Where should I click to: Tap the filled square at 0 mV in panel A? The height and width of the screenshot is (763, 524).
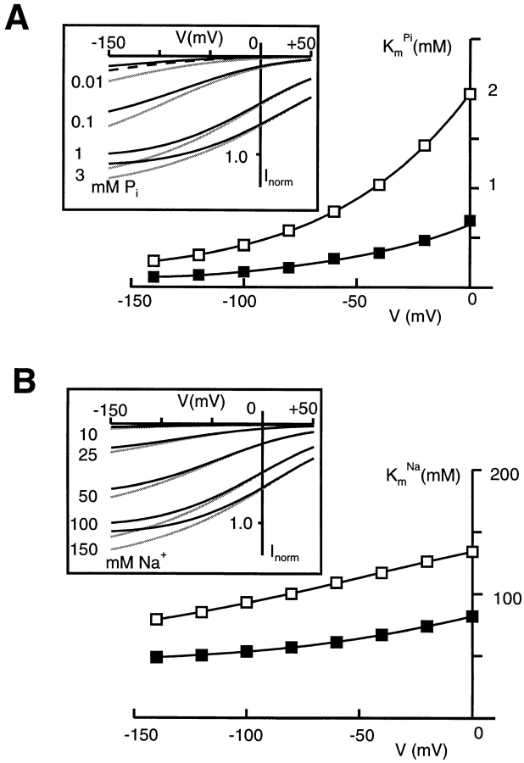coord(471,221)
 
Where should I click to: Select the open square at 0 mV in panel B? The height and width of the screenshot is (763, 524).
coord(472,552)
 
